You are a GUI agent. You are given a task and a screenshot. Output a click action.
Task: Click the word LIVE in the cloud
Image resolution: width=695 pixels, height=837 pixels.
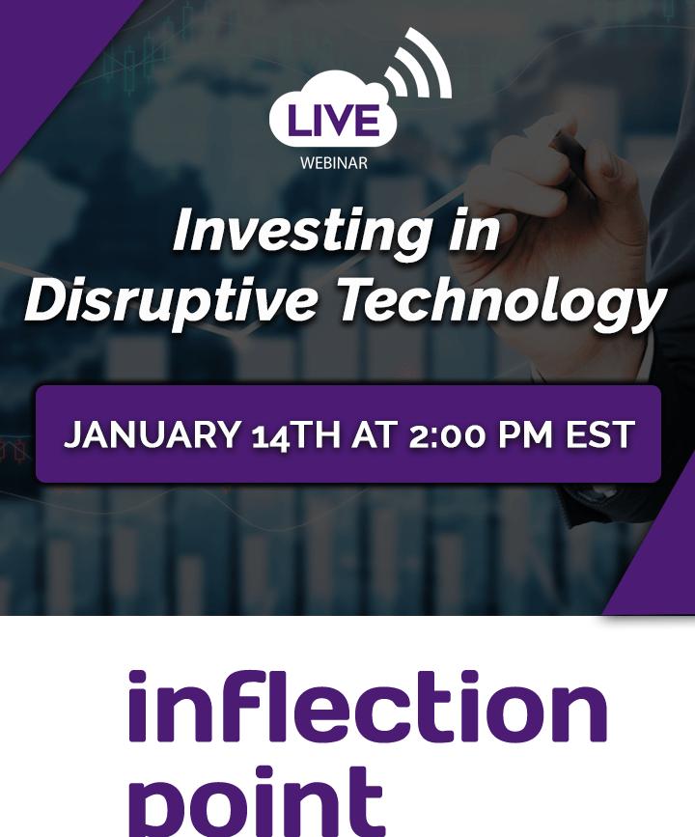click(333, 120)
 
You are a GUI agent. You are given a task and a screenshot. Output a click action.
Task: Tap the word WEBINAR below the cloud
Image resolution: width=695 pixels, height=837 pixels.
click(334, 163)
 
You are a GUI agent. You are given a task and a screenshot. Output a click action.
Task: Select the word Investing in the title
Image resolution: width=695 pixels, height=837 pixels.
click(302, 232)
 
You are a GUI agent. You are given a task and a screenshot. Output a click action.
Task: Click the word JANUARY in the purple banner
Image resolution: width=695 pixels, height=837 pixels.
click(153, 434)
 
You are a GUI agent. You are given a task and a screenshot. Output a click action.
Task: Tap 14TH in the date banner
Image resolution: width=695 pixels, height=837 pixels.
click(295, 435)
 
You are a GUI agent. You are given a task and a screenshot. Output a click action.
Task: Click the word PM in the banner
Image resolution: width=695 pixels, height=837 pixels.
click(525, 434)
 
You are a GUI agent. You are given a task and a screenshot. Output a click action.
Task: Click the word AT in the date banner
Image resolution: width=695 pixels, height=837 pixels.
click(375, 434)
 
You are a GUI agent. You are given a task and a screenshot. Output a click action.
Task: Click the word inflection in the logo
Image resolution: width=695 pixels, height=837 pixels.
click(368, 707)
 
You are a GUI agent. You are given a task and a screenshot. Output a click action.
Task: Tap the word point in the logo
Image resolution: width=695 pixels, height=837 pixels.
click(257, 800)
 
